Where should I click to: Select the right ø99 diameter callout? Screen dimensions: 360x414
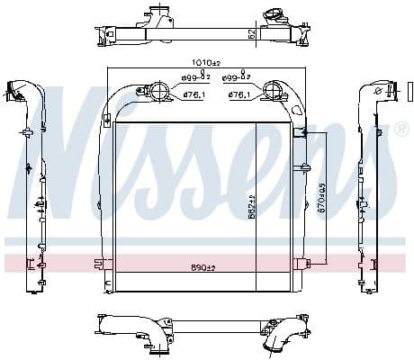236,78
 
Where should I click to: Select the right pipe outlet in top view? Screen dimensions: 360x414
268,14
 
